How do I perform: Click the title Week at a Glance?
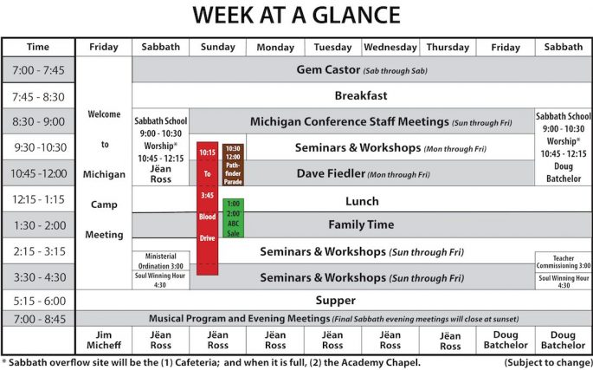tap(296, 15)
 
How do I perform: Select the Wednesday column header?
tap(390, 48)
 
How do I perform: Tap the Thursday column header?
tap(448, 48)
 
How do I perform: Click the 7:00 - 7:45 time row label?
tap(38, 70)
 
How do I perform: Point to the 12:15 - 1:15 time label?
tap(38, 199)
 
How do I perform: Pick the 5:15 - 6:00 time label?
tap(38, 301)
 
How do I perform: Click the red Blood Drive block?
tap(207, 208)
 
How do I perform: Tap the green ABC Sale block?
tap(234, 218)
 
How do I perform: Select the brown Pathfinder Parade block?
tap(233, 165)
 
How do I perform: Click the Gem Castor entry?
tap(362, 70)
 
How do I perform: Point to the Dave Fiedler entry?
tap(363, 174)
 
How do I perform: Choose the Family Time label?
tap(361, 225)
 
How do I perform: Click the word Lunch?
tap(362, 201)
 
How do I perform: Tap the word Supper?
tap(335, 301)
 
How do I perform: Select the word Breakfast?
tap(361, 95)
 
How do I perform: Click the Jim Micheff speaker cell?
tap(104, 340)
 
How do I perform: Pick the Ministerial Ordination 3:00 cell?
tap(161, 261)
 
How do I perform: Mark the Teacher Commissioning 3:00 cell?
tap(564, 262)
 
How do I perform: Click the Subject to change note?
tap(548, 363)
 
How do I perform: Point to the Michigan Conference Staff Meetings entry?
tap(381, 122)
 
